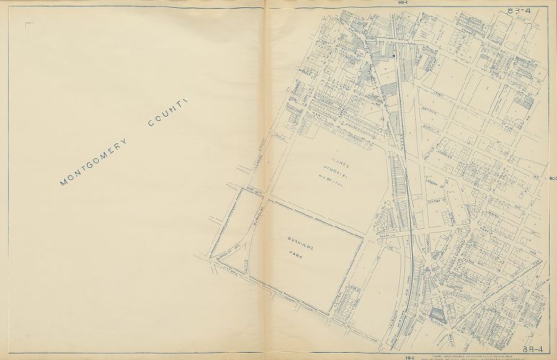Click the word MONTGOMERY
point(93,159)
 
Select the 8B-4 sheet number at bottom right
point(537,290)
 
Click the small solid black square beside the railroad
point(396,54)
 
